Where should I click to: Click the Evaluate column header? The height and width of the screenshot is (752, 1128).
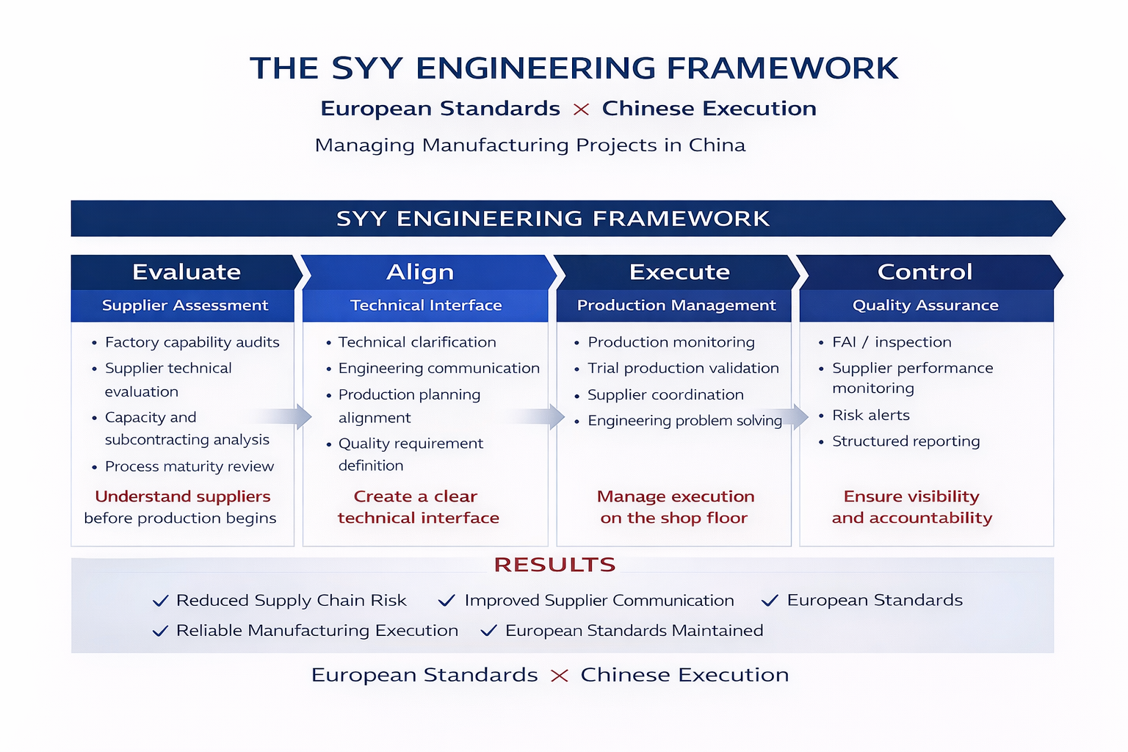point(187,272)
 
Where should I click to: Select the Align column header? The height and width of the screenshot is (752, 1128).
point(420,272)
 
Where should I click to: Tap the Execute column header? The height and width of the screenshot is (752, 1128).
point(679,272)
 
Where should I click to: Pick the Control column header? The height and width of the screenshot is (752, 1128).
point(925,272)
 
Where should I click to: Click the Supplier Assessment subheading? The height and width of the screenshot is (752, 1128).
point(185,305)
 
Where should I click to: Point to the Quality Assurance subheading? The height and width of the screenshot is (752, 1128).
point(925,305)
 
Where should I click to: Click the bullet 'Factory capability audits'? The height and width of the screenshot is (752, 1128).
point(192,342)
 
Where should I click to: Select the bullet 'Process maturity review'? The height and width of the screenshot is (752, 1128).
point(189,466)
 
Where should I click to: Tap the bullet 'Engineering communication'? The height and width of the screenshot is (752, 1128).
point(438,368)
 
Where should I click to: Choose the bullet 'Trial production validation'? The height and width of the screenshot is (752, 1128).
point(683,368)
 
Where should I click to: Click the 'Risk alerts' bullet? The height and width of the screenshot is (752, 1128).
point(870,416)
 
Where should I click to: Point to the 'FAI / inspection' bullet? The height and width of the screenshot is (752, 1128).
point(892,342)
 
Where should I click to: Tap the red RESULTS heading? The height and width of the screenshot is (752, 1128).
point(554,565)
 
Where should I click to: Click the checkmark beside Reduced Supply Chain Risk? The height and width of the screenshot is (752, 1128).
point(160,601)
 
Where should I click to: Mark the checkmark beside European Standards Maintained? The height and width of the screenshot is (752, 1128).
point(489,631)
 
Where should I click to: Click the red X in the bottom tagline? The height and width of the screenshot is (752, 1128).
point(560,676)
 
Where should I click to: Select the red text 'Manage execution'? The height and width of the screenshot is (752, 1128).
point(676,496)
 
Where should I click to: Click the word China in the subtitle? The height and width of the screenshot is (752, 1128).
point(717,145)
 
